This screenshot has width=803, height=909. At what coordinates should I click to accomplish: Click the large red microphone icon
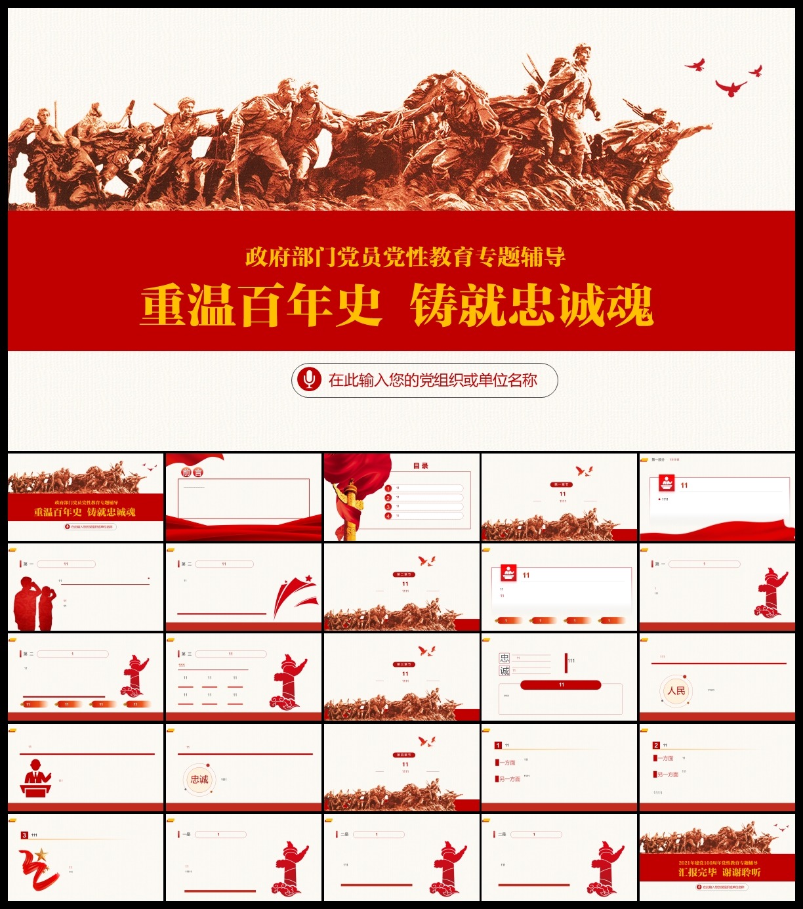(x=308, y=379)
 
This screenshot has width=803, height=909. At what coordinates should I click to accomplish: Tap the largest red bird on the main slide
(x=730, y=88)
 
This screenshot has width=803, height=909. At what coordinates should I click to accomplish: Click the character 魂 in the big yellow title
(x=629, y=305)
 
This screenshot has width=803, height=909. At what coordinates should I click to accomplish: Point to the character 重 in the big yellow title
(x=164, y=305)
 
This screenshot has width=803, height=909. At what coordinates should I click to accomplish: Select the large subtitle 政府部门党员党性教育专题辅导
(x=405, y=257)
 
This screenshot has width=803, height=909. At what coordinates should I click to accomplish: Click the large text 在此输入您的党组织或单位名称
(x=433, y=380)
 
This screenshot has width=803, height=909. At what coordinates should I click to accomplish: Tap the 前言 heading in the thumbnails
(x=192, y=473)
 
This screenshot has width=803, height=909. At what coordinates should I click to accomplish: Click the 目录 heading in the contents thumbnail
(x=421, y=466)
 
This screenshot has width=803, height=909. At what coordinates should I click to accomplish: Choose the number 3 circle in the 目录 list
(x=388, y=507)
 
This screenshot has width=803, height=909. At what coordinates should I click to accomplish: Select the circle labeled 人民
(x=676, y=691)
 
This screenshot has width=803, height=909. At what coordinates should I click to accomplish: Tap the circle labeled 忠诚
(x=199, y=780)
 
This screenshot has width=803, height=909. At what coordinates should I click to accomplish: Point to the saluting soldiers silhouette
(x=35, y=602)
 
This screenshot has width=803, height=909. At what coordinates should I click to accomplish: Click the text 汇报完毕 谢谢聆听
(x=719, y=872)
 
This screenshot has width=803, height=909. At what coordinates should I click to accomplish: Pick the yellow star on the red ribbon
(x=41, y=855)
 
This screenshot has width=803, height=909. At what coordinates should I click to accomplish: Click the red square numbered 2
(x=656, y=746)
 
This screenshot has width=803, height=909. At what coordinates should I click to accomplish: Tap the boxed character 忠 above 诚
(x=504, y=658)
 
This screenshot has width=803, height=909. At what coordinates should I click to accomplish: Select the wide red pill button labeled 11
(x=561, y=685)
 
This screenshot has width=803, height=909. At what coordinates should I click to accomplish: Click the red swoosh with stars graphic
(x=295, y=594)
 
